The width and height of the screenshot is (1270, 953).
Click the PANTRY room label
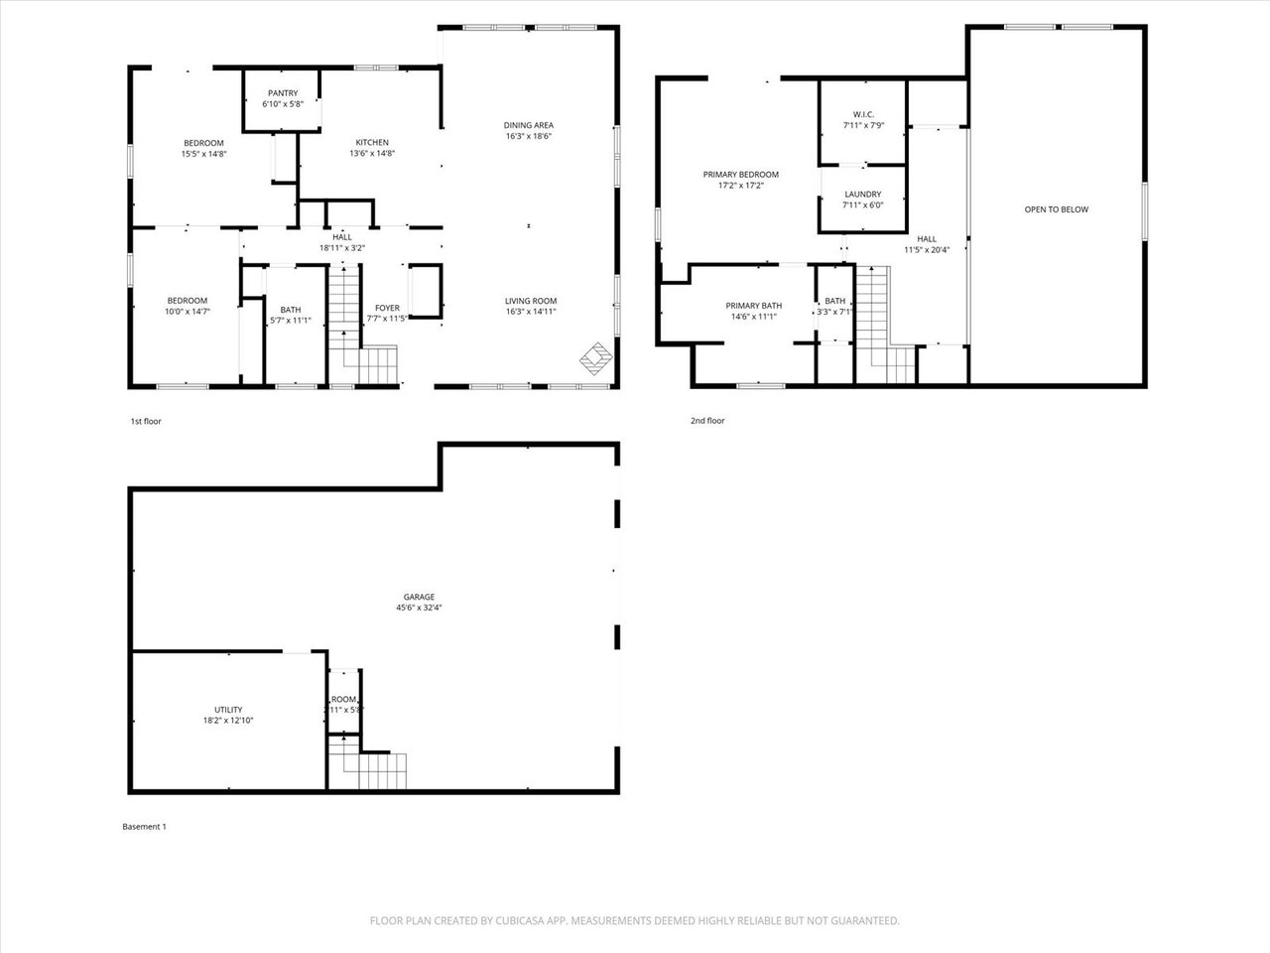coord(282,93)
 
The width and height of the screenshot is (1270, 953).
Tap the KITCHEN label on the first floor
coord(372,142)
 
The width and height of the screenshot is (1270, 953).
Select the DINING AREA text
coord(528,125)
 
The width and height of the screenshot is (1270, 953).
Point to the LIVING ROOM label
coord(531,301)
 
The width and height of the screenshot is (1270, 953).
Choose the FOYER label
coord(387,308)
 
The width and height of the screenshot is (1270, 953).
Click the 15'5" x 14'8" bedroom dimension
coord(203,154)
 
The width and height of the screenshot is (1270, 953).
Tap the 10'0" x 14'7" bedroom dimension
coord(187,312)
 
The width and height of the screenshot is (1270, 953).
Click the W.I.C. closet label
coord(862,114)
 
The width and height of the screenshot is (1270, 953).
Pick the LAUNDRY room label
coord(862,195)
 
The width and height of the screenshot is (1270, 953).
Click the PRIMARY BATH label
coord(753,306)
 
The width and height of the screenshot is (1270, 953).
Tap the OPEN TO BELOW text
coord(1056,209)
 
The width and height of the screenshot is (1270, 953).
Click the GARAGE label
coord(418,597)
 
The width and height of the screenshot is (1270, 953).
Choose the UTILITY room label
coord(228,710)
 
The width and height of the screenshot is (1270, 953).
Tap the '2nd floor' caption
coord(707,421)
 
